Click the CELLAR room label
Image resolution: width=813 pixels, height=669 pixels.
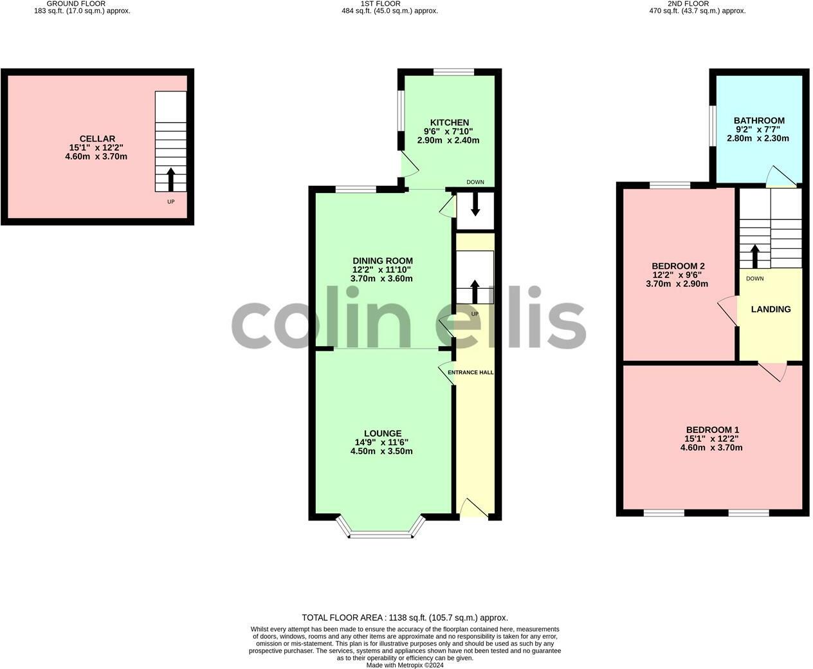coord(97,139)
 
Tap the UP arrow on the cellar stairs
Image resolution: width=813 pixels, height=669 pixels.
coord(170,179)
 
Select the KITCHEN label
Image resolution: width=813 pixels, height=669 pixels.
coord(450,123)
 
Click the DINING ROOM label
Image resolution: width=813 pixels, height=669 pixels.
coord(382,261)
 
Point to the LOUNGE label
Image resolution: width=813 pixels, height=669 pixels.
coord(382,434)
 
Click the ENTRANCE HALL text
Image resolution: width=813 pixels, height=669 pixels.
coord(471,372)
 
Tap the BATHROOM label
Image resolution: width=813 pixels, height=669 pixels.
coord(759,121)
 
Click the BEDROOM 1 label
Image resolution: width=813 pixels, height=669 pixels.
coord(712,430)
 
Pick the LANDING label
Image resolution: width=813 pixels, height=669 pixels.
coord(771,309)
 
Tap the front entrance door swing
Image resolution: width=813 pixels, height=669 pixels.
coord(473,508)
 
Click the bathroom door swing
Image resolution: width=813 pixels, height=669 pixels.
coord(780,176)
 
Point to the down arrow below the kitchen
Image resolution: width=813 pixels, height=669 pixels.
coord(475,204)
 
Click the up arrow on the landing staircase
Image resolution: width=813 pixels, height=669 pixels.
coord(755,256)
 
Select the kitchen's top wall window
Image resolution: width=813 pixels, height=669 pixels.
coord(453,72)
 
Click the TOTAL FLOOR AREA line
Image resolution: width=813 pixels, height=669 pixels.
coord(405,618)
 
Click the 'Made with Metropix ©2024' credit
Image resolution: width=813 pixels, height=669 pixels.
coord(405,665)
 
